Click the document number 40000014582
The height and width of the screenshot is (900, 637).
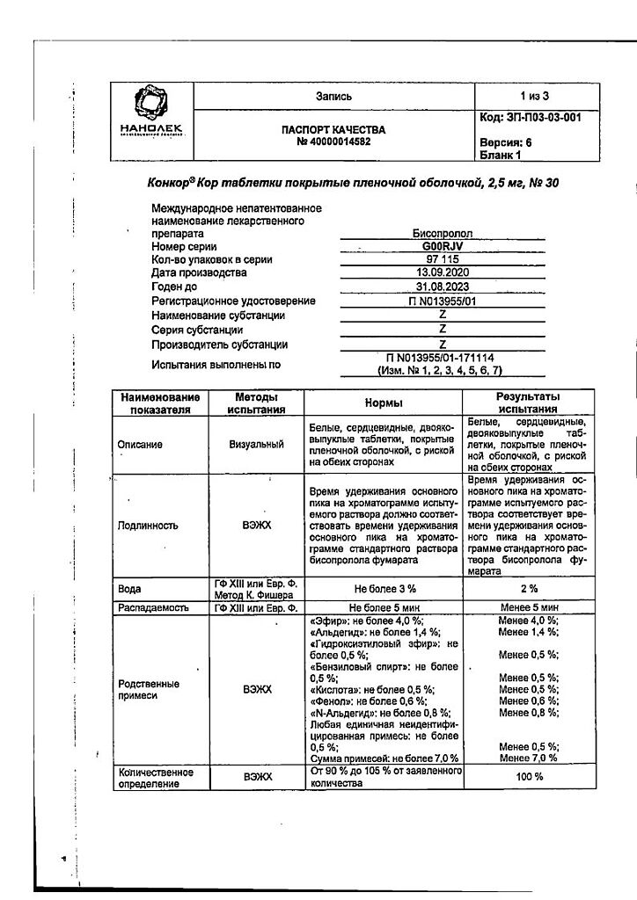click(x=333, y=142)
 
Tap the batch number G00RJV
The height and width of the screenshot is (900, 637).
click(x=443, y=248)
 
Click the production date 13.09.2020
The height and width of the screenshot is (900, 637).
click(x=443, y=273)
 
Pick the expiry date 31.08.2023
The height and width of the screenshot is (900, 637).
click(x=443, y=287)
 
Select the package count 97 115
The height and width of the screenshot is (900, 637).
click(x=443, y=260)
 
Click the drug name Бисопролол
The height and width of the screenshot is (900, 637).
click(x=443, y=234)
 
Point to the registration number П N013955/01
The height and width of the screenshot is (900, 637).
click(x=443, y=301)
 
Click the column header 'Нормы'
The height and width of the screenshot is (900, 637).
click(x=384, y=403)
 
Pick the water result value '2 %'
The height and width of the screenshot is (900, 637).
click(x=528, y=588)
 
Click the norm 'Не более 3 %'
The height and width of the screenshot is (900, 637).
click(x=384, y=588)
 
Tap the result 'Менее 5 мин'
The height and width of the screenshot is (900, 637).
click(x=528, y=607)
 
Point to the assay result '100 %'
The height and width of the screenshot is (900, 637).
click(x=528, y=777)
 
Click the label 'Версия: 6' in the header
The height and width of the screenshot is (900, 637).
click(x=507, y=142)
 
